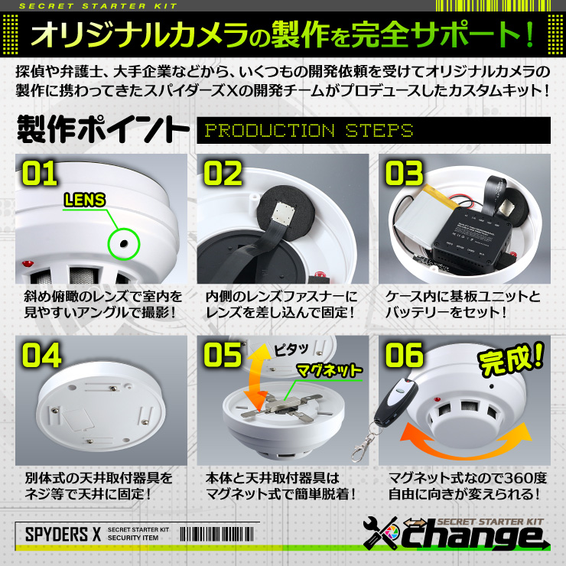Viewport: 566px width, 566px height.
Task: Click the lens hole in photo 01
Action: (122, 244)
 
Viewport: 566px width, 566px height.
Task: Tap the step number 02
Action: (223, 174)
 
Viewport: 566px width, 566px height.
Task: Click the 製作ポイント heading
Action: (101, 128)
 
